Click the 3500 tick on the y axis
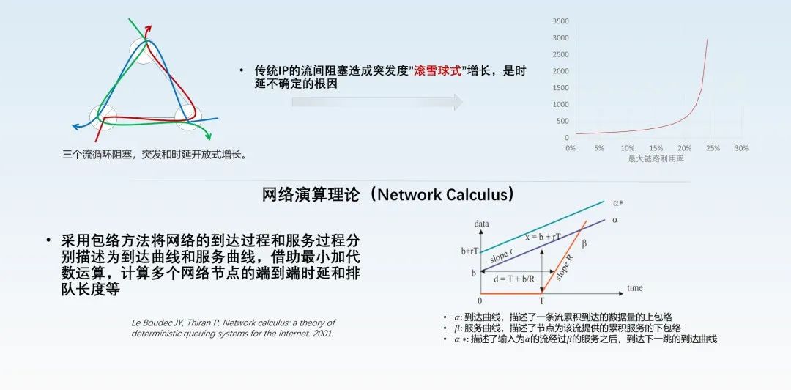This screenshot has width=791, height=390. pyautogui.click(x=560, y=21)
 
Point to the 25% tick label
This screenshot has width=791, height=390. pyautogui.click(x=713, y=149)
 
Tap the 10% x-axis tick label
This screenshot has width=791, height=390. pyautogui.click(x=627, y=149)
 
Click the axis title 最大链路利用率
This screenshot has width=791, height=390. pyautogui.click(x=656, y=158)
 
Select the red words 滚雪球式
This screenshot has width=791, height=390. pyautogui.click(x=437, y=71)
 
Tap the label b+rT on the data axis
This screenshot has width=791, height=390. pyautogui.click(x=469, y=251)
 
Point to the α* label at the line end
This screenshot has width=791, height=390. pyautogui.click(x=619, y=203)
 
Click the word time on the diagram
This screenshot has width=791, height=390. pyautogui.click(x=634, y=288)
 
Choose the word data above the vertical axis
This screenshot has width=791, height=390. pyautogui.click(x=482, y=224)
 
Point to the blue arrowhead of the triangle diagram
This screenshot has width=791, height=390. pyautogui.click(x=76, y=126)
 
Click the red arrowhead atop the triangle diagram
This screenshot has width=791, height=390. pyautogui.click(x=148, y=28)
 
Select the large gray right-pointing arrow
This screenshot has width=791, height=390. pyautogui.click(x=377, y=102)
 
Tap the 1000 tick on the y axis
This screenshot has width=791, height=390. pyautogui.click(x=560, y=105)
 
